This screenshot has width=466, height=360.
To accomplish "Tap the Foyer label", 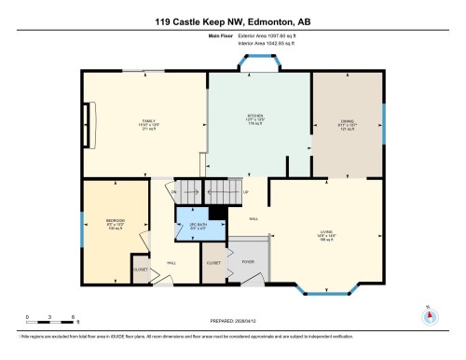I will click(248, 262).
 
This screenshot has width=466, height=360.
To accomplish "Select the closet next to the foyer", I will click(214, 263).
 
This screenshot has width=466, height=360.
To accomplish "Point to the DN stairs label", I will click(173, 193).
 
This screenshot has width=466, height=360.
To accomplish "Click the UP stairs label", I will click(245, 193).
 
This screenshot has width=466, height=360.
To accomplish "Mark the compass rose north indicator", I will click(430, 314).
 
